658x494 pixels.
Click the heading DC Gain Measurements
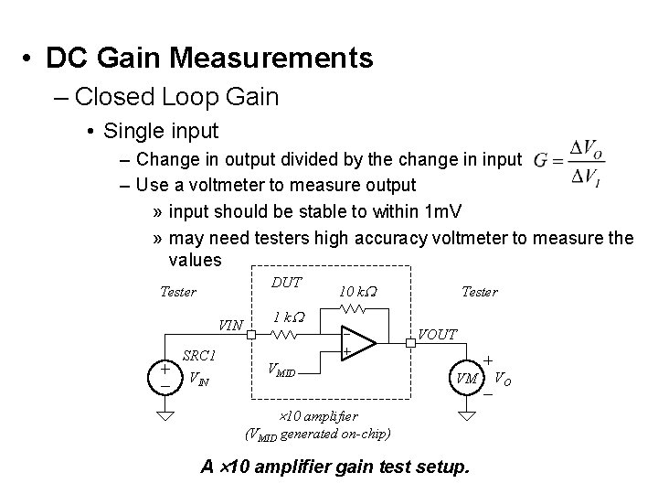point(209,59)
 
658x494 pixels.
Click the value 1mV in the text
point(444,211)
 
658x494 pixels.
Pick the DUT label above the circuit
point(286,284)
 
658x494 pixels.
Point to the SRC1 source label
point(198,355)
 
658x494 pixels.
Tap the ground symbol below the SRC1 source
point(164,417)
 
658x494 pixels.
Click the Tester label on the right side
point(479,292)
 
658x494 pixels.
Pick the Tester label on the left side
point(177,292)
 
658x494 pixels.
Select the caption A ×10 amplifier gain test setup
point(334,467)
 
